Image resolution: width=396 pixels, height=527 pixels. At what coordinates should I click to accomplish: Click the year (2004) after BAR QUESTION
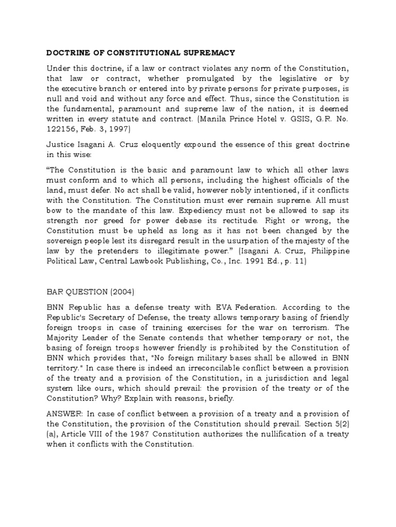119,292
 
